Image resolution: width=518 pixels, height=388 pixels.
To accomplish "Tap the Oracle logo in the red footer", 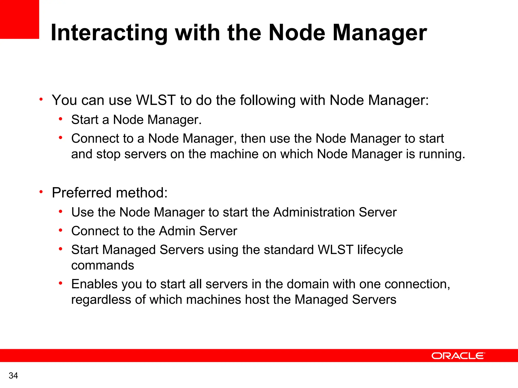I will tap(458, 356).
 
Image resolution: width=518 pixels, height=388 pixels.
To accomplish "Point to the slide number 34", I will tap(13, 376).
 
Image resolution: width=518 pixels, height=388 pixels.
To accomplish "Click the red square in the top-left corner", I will tap(19, 19).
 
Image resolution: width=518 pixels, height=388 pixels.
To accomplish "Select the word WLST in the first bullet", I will tap(156, 100).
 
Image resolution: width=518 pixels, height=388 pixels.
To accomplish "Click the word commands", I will tap(102, 265).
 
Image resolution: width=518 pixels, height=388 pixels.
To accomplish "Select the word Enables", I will tap(94, 284).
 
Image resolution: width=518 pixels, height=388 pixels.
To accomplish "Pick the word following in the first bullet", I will tap(268, 100).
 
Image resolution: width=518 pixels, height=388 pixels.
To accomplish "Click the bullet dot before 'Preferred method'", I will tap(41, 192).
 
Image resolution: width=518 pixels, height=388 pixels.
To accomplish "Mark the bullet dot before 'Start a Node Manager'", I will tap(60, 119).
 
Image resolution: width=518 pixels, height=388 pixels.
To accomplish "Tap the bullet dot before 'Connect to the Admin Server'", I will tap(60, 230).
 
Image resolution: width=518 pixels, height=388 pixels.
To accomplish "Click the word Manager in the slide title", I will tap(380, 33).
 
